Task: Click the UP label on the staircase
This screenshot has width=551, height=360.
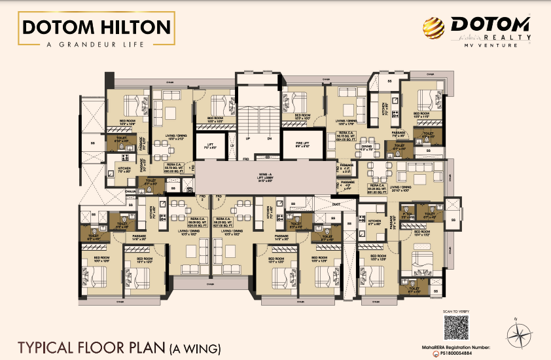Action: click(247, 139)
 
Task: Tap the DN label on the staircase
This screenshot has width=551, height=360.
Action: click(269, 139)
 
